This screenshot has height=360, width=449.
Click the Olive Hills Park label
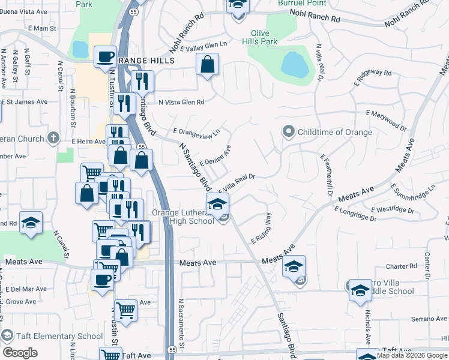click(259, 37)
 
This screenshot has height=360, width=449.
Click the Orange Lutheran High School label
click(183, 217)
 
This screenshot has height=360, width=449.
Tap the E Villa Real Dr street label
click(238, 183)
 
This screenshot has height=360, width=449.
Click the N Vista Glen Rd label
click(181, 102)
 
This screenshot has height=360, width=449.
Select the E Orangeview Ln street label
click(197, 131)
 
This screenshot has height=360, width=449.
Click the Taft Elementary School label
click(58, 336)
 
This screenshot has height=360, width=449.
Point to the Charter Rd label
click(401, 266)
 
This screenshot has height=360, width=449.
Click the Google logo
click(20, 353)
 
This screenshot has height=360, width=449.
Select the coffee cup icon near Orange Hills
click(105, 58)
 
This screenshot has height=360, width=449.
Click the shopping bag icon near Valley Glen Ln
click(206, 65)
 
